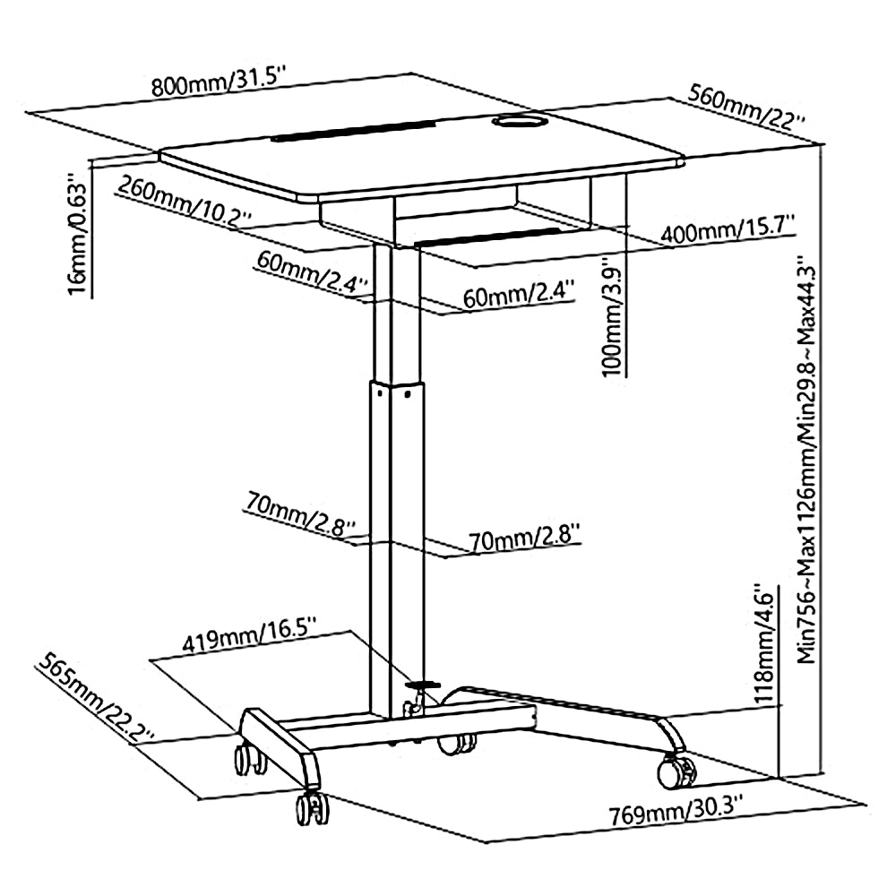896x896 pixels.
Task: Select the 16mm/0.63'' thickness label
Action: click(79, 237)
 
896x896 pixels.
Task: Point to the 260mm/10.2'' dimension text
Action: click(188, 203)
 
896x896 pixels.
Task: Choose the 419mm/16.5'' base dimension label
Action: click(248, 642)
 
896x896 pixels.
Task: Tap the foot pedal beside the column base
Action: click(423, 685)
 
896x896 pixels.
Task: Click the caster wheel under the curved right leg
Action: click(676, 769)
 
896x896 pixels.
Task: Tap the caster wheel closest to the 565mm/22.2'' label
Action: click(247, 759)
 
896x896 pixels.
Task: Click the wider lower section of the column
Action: click(392, 538)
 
